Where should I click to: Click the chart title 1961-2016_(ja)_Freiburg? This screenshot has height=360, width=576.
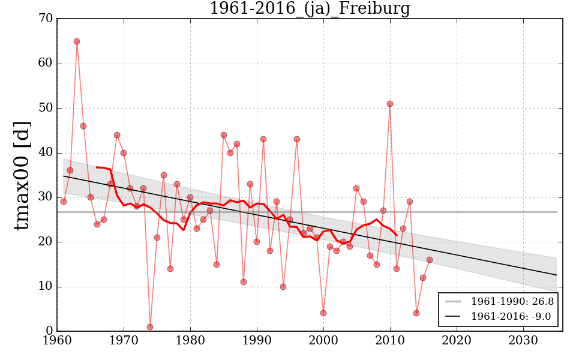pos(310,9)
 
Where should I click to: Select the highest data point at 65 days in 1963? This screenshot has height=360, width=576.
pos(77,41)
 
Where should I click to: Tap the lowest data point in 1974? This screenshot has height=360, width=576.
pos(150,327)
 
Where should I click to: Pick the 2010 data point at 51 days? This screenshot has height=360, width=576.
pos(390,104)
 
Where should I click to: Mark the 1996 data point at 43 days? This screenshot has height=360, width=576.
pos(297,139)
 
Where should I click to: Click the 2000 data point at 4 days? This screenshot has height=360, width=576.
pos(323,313)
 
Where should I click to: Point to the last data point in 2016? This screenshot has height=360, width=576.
pos(430,260)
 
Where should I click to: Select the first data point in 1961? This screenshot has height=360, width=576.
pos(64,202)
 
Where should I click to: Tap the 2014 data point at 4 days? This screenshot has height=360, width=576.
pos(416,313)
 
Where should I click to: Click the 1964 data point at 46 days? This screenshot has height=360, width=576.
pos(83,126)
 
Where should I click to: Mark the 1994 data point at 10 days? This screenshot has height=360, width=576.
pos(283,287)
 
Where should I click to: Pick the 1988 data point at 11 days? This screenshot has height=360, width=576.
pos(244,282)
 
